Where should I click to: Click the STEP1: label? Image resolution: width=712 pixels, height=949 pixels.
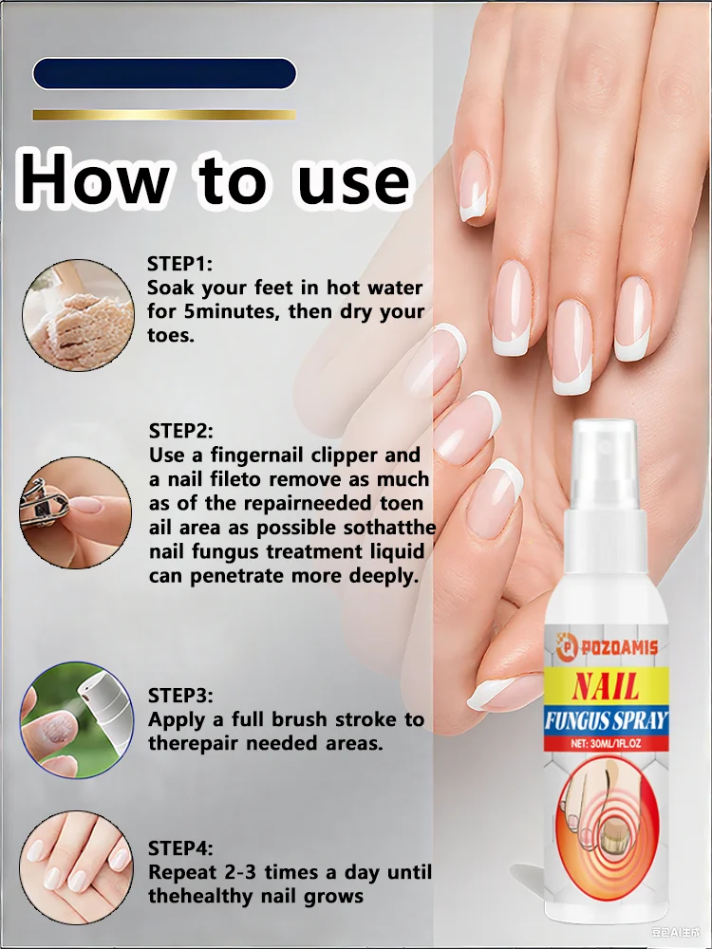click(x=180, y=263)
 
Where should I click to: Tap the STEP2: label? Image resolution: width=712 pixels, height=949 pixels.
click(x=181, y=431)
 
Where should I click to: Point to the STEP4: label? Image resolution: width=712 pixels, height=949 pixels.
click(x=180, y=847)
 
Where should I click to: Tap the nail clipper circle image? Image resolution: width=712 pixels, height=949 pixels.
click(x=76, y=513)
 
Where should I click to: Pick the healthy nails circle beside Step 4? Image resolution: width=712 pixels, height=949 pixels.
click(x=76, y=866)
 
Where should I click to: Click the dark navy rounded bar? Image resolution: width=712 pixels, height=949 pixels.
click(x=164, y=74)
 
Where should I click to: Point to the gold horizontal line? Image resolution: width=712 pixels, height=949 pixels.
click(x=164, y=115)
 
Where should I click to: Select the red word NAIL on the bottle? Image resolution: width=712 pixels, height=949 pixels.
click(x=605, y=685)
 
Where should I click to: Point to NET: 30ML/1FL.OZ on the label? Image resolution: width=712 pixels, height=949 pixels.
click(x=605, y=744)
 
